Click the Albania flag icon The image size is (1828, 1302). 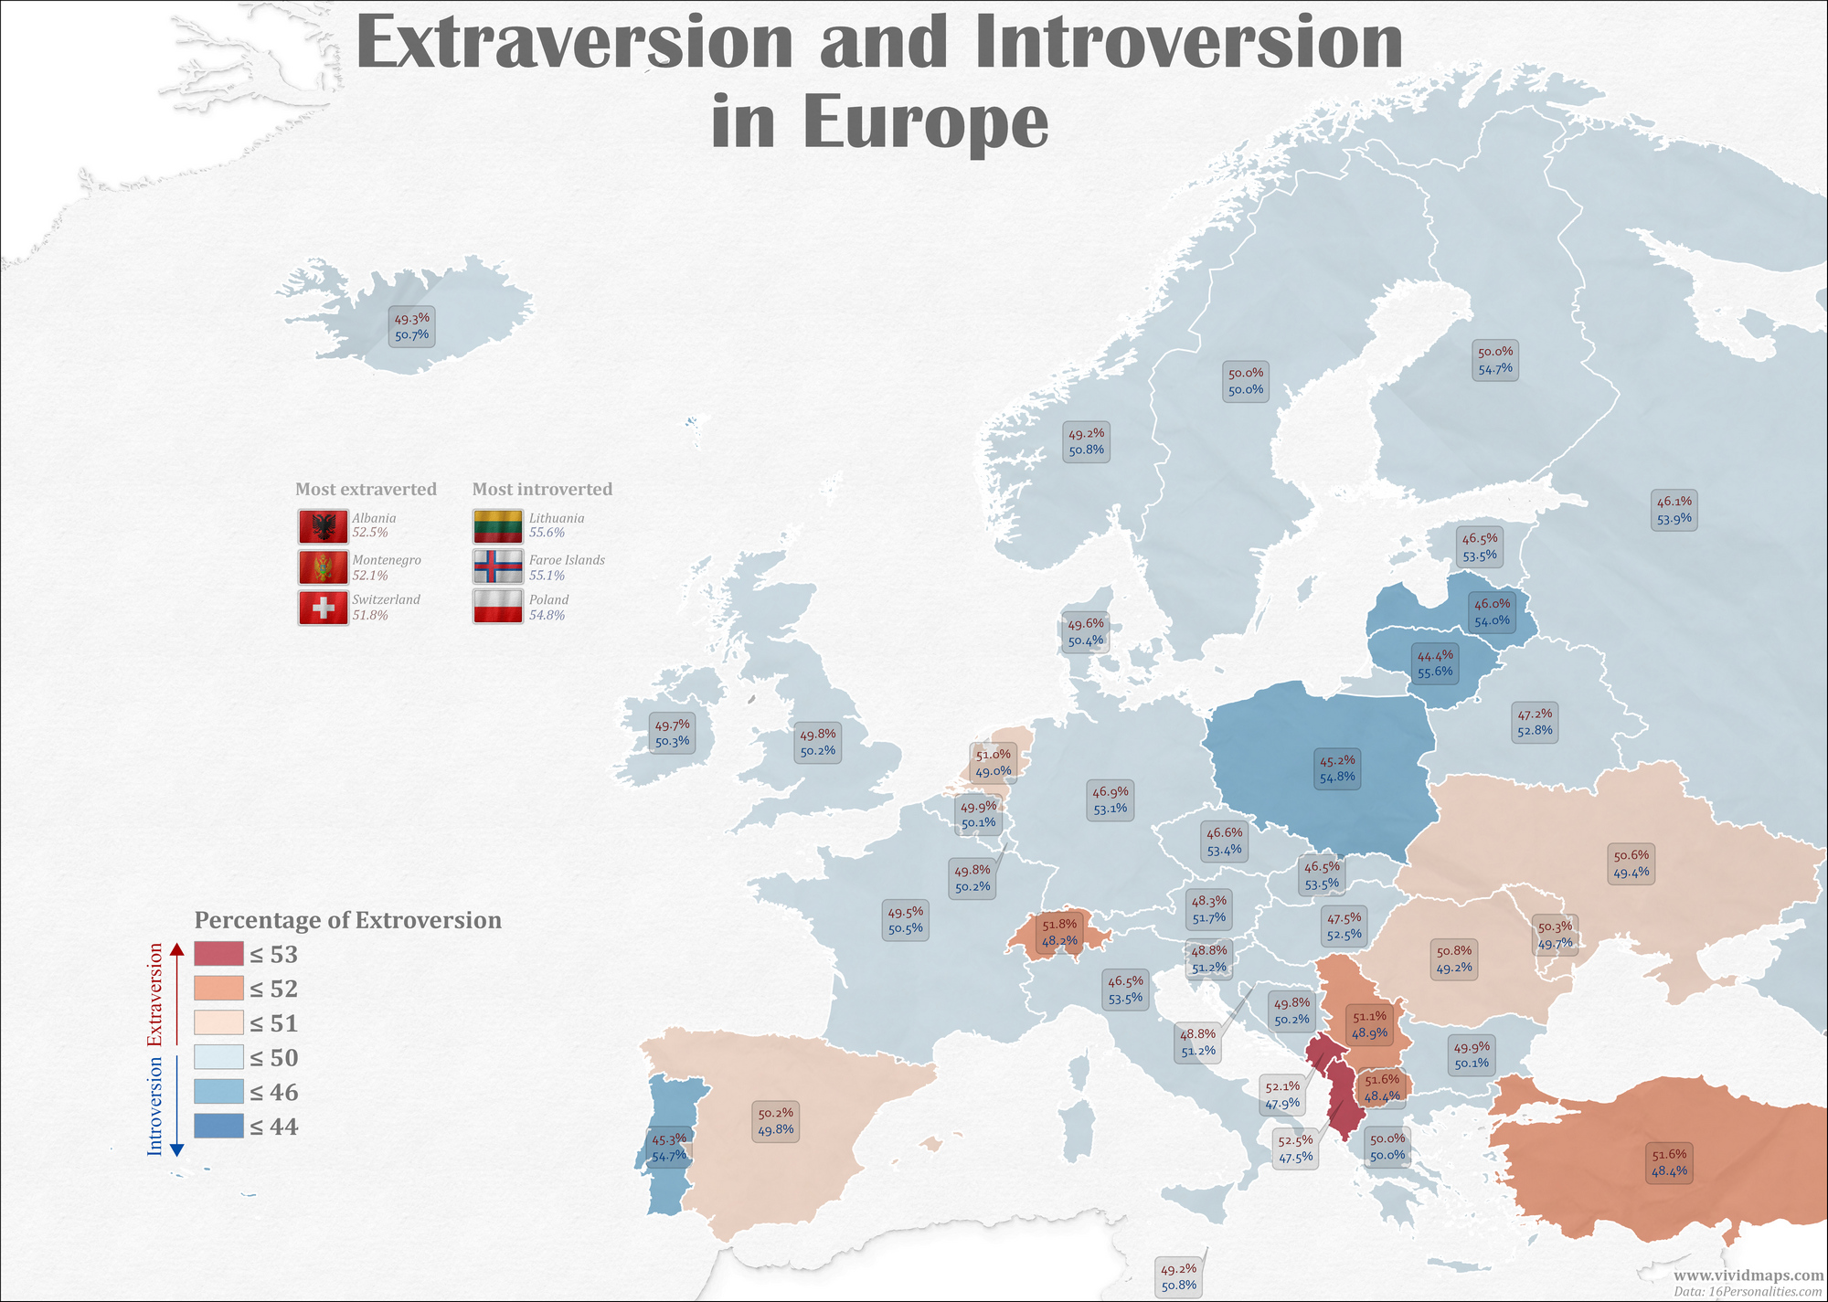click(x=323, y=526)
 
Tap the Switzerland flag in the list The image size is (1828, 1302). click(x=323, y=608)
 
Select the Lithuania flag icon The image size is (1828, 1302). click(x=497, y=526)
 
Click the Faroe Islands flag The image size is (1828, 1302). click(x=497, y=566)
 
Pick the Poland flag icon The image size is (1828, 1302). click(x=497, y=608)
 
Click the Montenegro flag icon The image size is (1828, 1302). click(x=323, y=566)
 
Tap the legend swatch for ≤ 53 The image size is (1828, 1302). click(x=218, y=954)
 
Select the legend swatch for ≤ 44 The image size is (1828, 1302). click(x=218, y=1126)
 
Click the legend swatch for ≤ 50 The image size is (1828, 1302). click(x=218, y=1057)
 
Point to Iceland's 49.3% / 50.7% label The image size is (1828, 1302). click(x=411, y=327)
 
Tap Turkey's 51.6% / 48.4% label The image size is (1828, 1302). click(x=1669, y=1162)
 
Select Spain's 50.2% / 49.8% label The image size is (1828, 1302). click(x=776, y=1122)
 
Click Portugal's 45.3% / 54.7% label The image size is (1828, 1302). click(x=669, y=1148)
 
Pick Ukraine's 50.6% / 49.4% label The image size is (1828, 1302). click(x=1631, y=864)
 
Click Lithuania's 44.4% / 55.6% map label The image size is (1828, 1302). click(x=1435, y=663)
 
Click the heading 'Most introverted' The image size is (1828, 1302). click(x=542, y=489)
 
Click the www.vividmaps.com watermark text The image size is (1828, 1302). click(x=1748, y=1275)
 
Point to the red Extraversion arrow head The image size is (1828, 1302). click(x=177, y=950)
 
